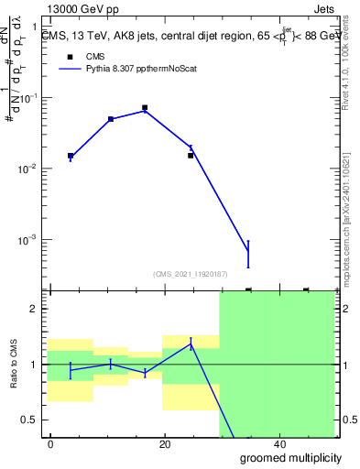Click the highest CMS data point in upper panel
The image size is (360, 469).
click(x=145, y=107)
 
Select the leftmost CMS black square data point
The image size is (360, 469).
click(x=71, y=156)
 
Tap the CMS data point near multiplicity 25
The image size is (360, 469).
click(x=191, y=155)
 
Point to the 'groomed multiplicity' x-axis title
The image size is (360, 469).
click(x=291, y=457)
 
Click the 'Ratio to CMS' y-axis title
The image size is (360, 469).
click(x=14, y=365)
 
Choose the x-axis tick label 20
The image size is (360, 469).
click(x=165, y=444)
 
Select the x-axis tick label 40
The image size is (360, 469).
click(x=279, y=444)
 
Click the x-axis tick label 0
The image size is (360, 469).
click(x=50, y=444)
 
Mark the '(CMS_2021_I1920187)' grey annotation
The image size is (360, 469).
click(x=191, y=272)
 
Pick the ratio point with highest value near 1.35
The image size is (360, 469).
click(x=191, y=344)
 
